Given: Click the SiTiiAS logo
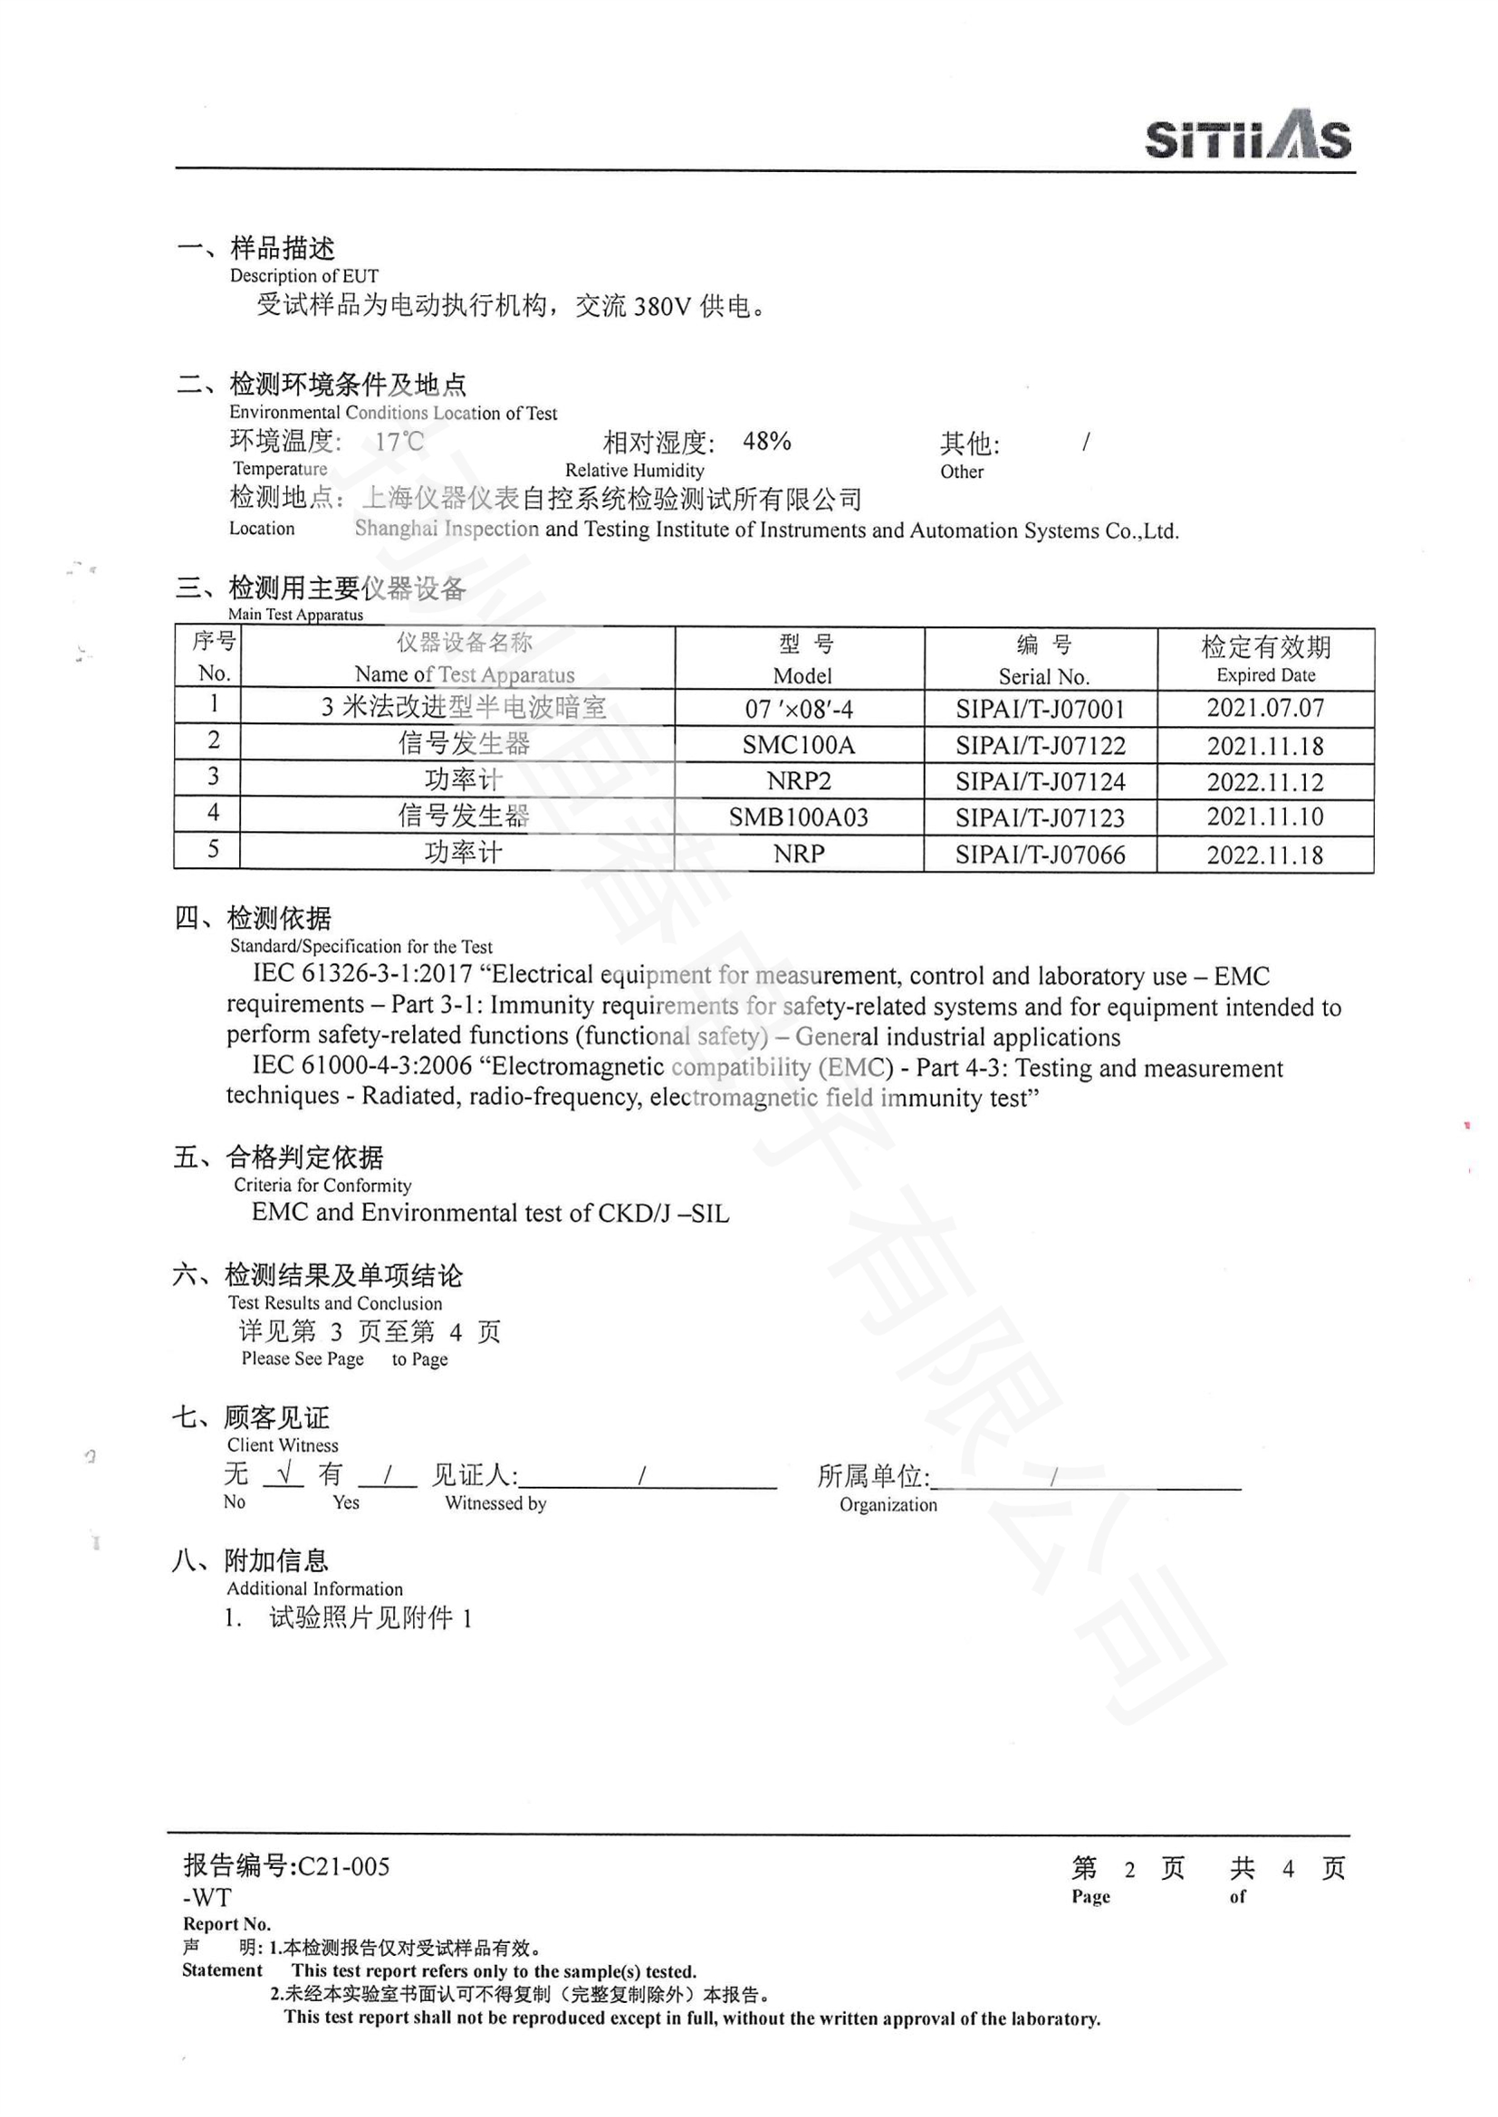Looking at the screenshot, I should click(1247, 137).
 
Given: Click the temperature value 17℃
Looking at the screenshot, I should click(399, 442).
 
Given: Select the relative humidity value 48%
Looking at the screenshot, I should click(766, 442).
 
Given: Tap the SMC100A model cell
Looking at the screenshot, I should click(799, 745).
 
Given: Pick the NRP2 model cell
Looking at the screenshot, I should click(799, 781).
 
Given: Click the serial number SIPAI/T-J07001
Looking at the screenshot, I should click(1040, 709).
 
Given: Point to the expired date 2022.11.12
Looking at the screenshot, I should click(1264, 782).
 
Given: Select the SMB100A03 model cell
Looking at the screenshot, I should click(799, 817).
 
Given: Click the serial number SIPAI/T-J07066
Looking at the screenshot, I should click(1040, 854).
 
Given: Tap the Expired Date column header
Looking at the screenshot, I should click(1264, 659).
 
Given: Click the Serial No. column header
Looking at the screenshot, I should click(1043, 660).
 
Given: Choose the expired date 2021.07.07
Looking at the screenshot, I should click(1264, 708).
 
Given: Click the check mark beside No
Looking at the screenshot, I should click(283, 1474).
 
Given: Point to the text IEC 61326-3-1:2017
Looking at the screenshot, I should click(362, 974).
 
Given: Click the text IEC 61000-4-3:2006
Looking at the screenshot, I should click(362, 1066).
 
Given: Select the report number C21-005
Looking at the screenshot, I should click(343, 1867).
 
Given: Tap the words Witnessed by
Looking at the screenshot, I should click(495, 1503).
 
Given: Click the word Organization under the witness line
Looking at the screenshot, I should click(888, 1505).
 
